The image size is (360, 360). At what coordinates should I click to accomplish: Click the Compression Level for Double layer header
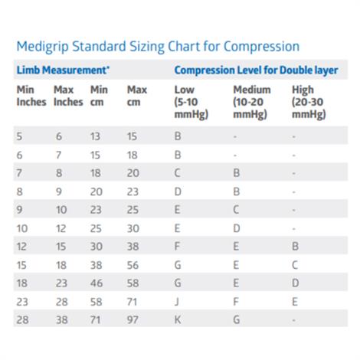(256, 70)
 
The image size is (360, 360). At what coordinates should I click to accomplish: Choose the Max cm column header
(137, 96)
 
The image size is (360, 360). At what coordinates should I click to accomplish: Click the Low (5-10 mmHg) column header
(189, 102)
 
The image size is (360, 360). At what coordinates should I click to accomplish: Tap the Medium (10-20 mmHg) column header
(250, 102)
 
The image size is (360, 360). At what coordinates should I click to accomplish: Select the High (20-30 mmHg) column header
(309, 102)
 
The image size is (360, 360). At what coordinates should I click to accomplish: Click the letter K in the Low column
(178, 319)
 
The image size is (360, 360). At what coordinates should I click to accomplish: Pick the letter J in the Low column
(178, 300)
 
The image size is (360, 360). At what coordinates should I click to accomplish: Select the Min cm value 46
(96, 283)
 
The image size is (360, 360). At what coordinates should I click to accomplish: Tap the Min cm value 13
(95, 136)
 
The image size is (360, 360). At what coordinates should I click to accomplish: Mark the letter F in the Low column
(178, 246)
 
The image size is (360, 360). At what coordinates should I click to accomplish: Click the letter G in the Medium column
(237, 319)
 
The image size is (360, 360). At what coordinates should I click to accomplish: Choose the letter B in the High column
(295, 246)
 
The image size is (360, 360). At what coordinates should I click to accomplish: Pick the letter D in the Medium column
(237, 227)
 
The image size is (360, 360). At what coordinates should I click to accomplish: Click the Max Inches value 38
(59, 319)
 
